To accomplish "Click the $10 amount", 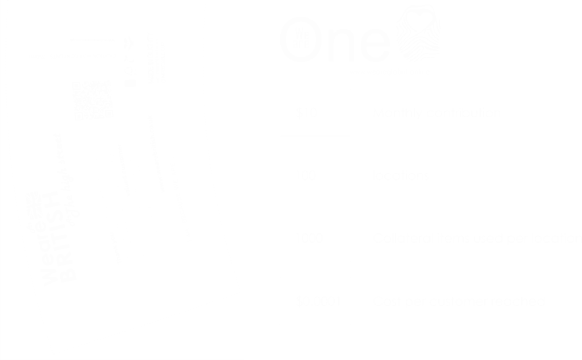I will tap(307, 114).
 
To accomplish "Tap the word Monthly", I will tap(397, 114).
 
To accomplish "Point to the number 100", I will tap(307, 176).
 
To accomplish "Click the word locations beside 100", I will tap(401, 176).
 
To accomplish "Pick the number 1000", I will tap(310, 238).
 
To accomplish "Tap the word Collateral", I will tap(398, 238).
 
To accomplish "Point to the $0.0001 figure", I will tap(318, 301).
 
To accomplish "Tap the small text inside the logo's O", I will tap(302, 39).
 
